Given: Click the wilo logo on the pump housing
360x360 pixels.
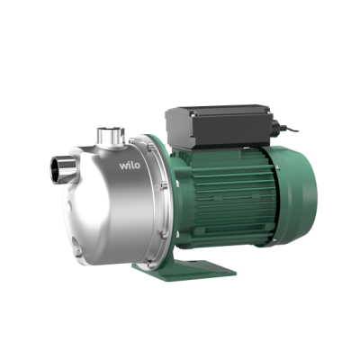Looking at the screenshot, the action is (x=130, y=166).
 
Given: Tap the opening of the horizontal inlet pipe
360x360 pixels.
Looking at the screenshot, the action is (x=56, y=170).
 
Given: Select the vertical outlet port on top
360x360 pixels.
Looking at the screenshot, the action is (x=111, y=137).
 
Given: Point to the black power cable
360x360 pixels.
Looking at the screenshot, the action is (x=290, y=129).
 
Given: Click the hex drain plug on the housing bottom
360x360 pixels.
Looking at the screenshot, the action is (x=77, y=250).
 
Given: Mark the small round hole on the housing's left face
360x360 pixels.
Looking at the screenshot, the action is (x=69, y=206).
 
